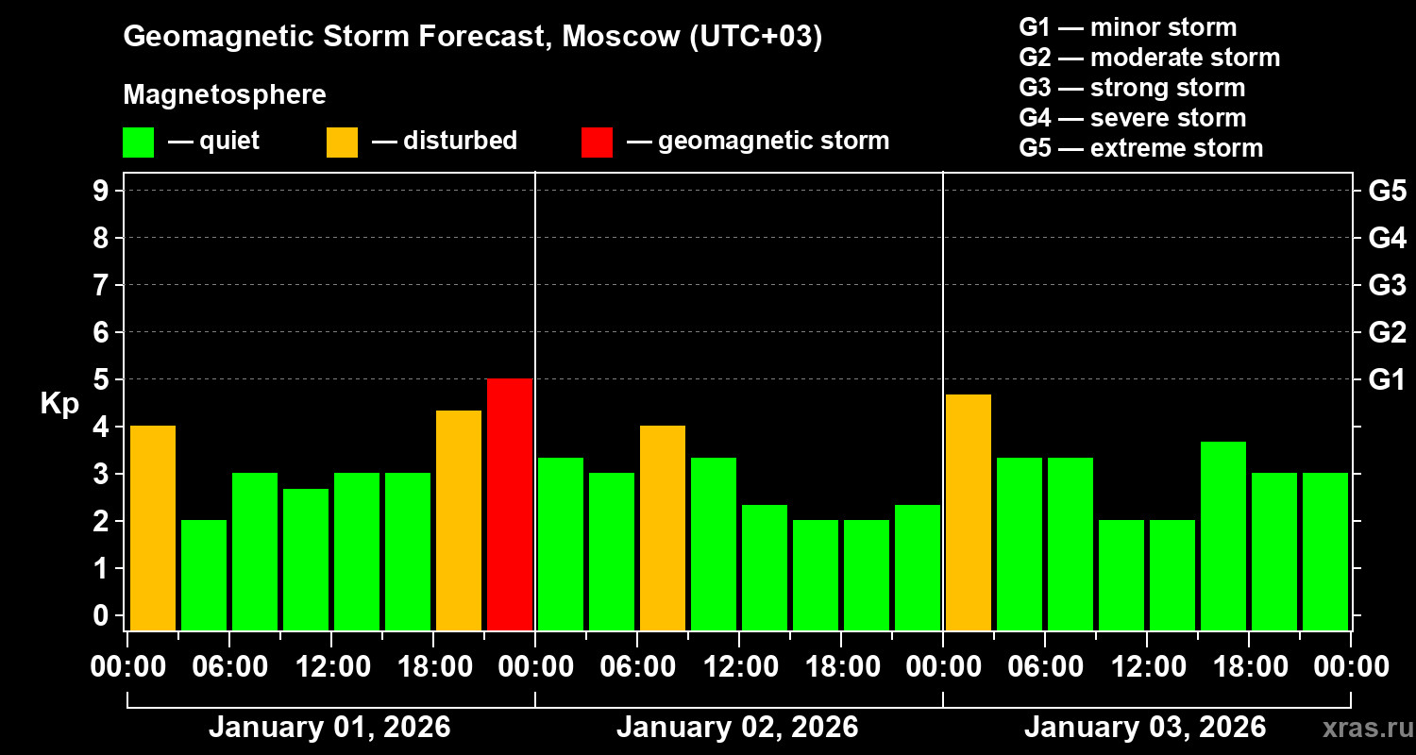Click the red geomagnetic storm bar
point(510,504)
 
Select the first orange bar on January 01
point(153,528)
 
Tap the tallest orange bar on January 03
point(969,512)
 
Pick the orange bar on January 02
point(663,528)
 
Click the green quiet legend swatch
point(138,143)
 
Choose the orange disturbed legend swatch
point(342,143)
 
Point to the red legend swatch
point(597,143)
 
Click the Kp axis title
point(59,404)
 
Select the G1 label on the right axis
point(1387,379)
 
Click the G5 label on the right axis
point(1387,191)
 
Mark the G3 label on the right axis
point(1387,285)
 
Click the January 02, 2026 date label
point(737,728)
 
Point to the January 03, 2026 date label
point(1145,728)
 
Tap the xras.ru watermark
point(1361,729)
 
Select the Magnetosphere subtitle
point(225,95)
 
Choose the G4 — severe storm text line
point(1133,118)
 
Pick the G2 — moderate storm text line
point(1150,58)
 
